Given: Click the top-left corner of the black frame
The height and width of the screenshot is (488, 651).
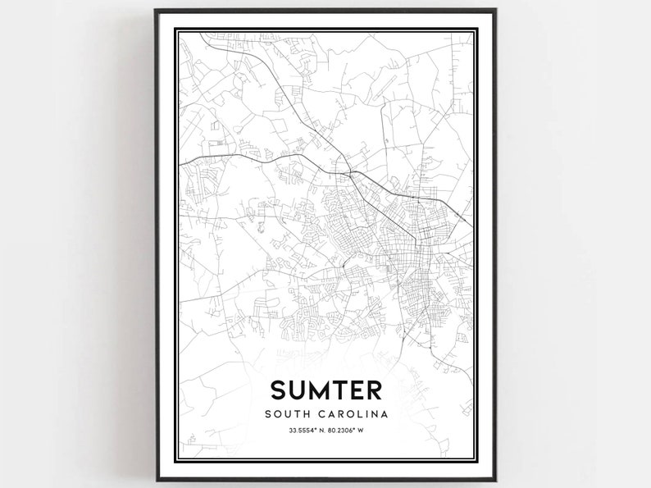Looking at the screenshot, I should click(156, 11).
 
